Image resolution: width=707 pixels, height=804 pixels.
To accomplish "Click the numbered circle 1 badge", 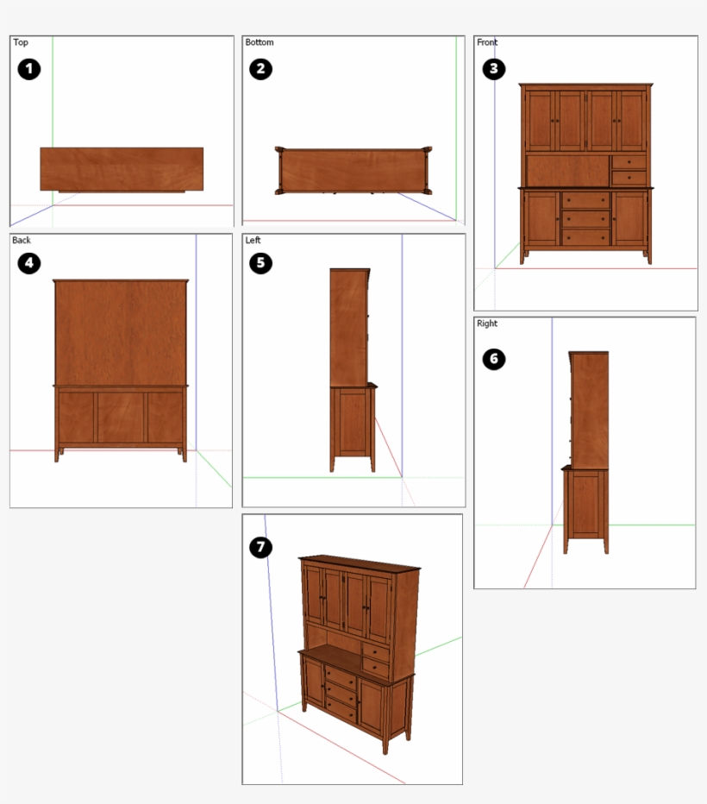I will pos(29,69).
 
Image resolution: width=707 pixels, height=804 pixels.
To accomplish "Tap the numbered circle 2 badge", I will pos(260,69).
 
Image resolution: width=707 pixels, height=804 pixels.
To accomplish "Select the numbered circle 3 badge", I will pos(492,69).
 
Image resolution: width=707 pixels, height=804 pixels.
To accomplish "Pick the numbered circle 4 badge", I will pos(29,263).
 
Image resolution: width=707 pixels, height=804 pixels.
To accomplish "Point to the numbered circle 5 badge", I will pos(260,263).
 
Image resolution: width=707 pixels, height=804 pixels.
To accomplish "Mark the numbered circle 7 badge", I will pos(260,547).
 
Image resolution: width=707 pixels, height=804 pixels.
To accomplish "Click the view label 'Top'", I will pos(21,42).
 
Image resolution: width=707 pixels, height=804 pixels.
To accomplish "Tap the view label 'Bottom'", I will pos(260,42).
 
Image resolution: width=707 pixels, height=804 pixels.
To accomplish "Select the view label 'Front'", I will pos(487,42).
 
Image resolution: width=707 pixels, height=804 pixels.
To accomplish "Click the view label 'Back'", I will pos(22,241).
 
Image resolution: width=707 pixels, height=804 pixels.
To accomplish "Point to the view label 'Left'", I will pos(253,241).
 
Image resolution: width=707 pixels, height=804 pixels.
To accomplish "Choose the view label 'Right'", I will pos(487,323).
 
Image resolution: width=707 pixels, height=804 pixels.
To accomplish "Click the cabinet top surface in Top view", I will pos(122,168).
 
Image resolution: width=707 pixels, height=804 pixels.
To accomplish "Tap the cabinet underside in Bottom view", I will pos(353,170).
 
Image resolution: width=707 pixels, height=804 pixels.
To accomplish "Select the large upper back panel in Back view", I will pos(121,332).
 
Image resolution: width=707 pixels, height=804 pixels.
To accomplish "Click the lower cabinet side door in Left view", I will pos(352,423).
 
